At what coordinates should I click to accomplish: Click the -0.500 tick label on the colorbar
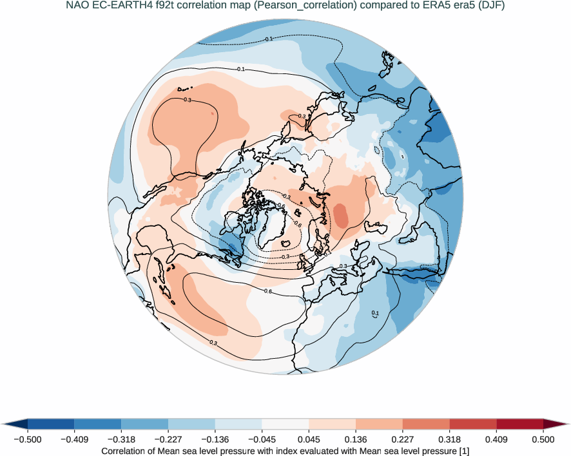(x=28, y=439)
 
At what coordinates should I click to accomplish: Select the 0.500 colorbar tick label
(x=543, y=439)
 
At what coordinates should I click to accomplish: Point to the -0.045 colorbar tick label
(x=215, y=439)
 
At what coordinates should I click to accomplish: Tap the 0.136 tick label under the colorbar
(x=356, y=439)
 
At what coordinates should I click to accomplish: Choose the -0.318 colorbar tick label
(x=121, y=439)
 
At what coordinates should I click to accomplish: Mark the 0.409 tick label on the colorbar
(x=496, y=439)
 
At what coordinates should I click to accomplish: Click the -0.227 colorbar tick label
(x=168, y=439)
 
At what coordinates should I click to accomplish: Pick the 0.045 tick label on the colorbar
(x=309, y=439)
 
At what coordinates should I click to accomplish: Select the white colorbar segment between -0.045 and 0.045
(x=285, y=424)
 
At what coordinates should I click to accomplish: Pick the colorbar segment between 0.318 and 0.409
(x=472, y=424)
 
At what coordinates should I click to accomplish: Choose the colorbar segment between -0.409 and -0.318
(x=98, y=424)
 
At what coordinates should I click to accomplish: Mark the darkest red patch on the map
(x=340, y=214)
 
